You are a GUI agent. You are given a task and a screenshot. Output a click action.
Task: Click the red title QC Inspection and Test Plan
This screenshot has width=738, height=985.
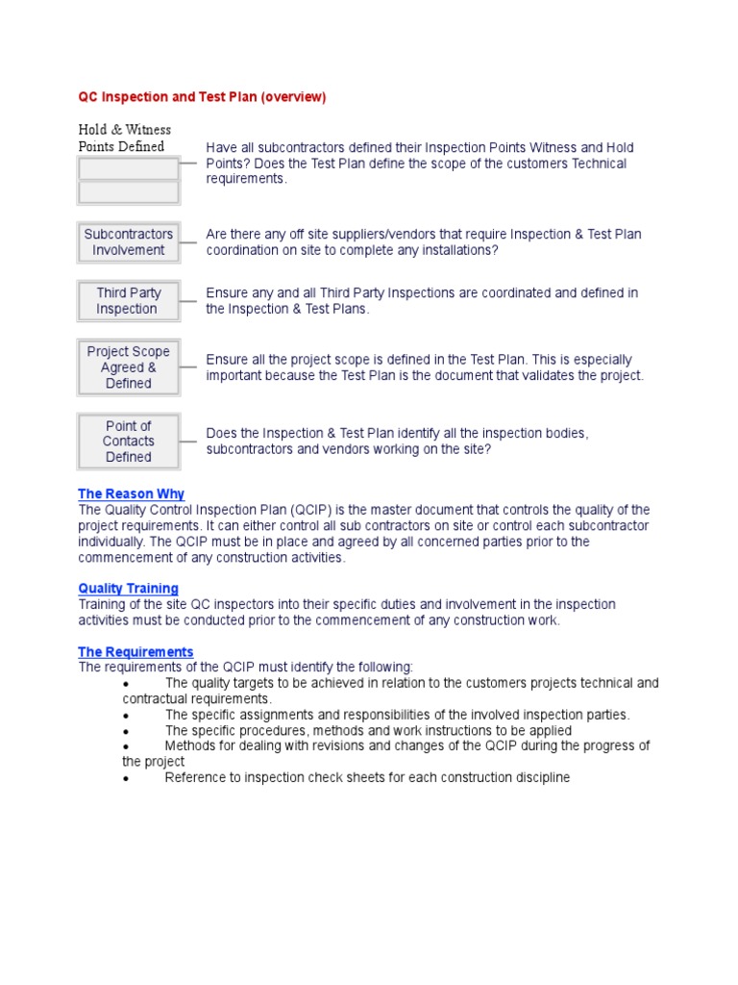point(202,97)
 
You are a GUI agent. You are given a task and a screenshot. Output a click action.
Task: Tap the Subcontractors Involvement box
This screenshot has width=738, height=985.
point(129,242)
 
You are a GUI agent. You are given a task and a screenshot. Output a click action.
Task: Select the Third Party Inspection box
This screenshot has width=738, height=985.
point(129,301)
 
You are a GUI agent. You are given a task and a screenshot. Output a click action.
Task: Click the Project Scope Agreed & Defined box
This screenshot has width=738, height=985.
point(129,367)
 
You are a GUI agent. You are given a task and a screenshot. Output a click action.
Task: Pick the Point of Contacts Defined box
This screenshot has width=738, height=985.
point(129,442)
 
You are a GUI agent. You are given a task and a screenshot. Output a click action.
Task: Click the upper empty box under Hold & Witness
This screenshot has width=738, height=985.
point(129,168)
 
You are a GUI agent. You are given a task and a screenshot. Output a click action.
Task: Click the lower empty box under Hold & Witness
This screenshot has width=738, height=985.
point(129,192)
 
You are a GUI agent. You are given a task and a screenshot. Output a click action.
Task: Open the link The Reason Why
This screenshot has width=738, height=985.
point(131,493)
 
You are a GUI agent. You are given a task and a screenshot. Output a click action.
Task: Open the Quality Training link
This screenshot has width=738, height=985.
point(128,588)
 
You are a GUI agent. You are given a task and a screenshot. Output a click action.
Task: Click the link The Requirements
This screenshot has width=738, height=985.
point(135,651)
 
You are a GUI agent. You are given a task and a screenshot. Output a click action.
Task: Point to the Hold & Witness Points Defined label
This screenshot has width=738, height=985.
point(124,138)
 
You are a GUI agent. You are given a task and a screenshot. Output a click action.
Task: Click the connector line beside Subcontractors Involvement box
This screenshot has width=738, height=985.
point(188,242)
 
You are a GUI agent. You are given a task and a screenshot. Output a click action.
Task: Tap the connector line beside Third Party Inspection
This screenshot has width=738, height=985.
point(188,301)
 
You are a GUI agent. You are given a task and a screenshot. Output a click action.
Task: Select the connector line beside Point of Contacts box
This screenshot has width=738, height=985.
point(188,442)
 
